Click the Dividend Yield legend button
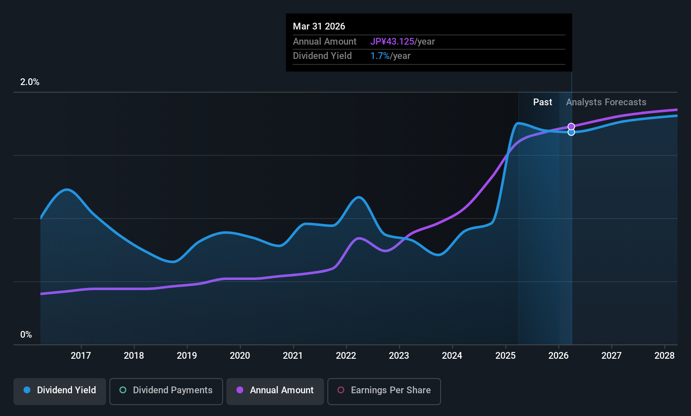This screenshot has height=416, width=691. tap(59, 391)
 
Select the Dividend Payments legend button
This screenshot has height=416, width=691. tap(166, 391)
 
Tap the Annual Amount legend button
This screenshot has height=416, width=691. tap(275, 391)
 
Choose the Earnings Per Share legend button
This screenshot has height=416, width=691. tap(384, 391)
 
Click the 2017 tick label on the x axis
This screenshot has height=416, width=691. tap(81, 355)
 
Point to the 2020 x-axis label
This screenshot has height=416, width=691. tap(240, 355)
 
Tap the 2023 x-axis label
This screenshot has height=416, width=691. tap(399, 355)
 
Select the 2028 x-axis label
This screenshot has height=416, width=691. tap(664, 355)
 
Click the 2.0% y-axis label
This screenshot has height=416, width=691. tap(30, 82)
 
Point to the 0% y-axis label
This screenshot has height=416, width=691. tap(26, 335)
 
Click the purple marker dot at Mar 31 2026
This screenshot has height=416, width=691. tap(571, 127)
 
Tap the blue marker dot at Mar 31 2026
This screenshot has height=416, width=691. tap(571, 132)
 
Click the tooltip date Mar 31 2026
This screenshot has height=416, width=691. tap(319, 26)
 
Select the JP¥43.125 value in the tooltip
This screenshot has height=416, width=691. tap(392, 41)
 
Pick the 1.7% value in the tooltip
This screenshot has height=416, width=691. tap(380, 56)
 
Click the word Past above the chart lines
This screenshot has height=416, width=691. tap(542, 102)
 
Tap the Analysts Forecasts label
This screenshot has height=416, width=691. tap(606, 102)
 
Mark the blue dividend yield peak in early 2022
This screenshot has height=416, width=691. tap(359, 197)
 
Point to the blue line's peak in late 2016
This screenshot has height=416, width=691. tap(66, 189)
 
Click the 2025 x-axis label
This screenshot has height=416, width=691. tap(505, 355)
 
